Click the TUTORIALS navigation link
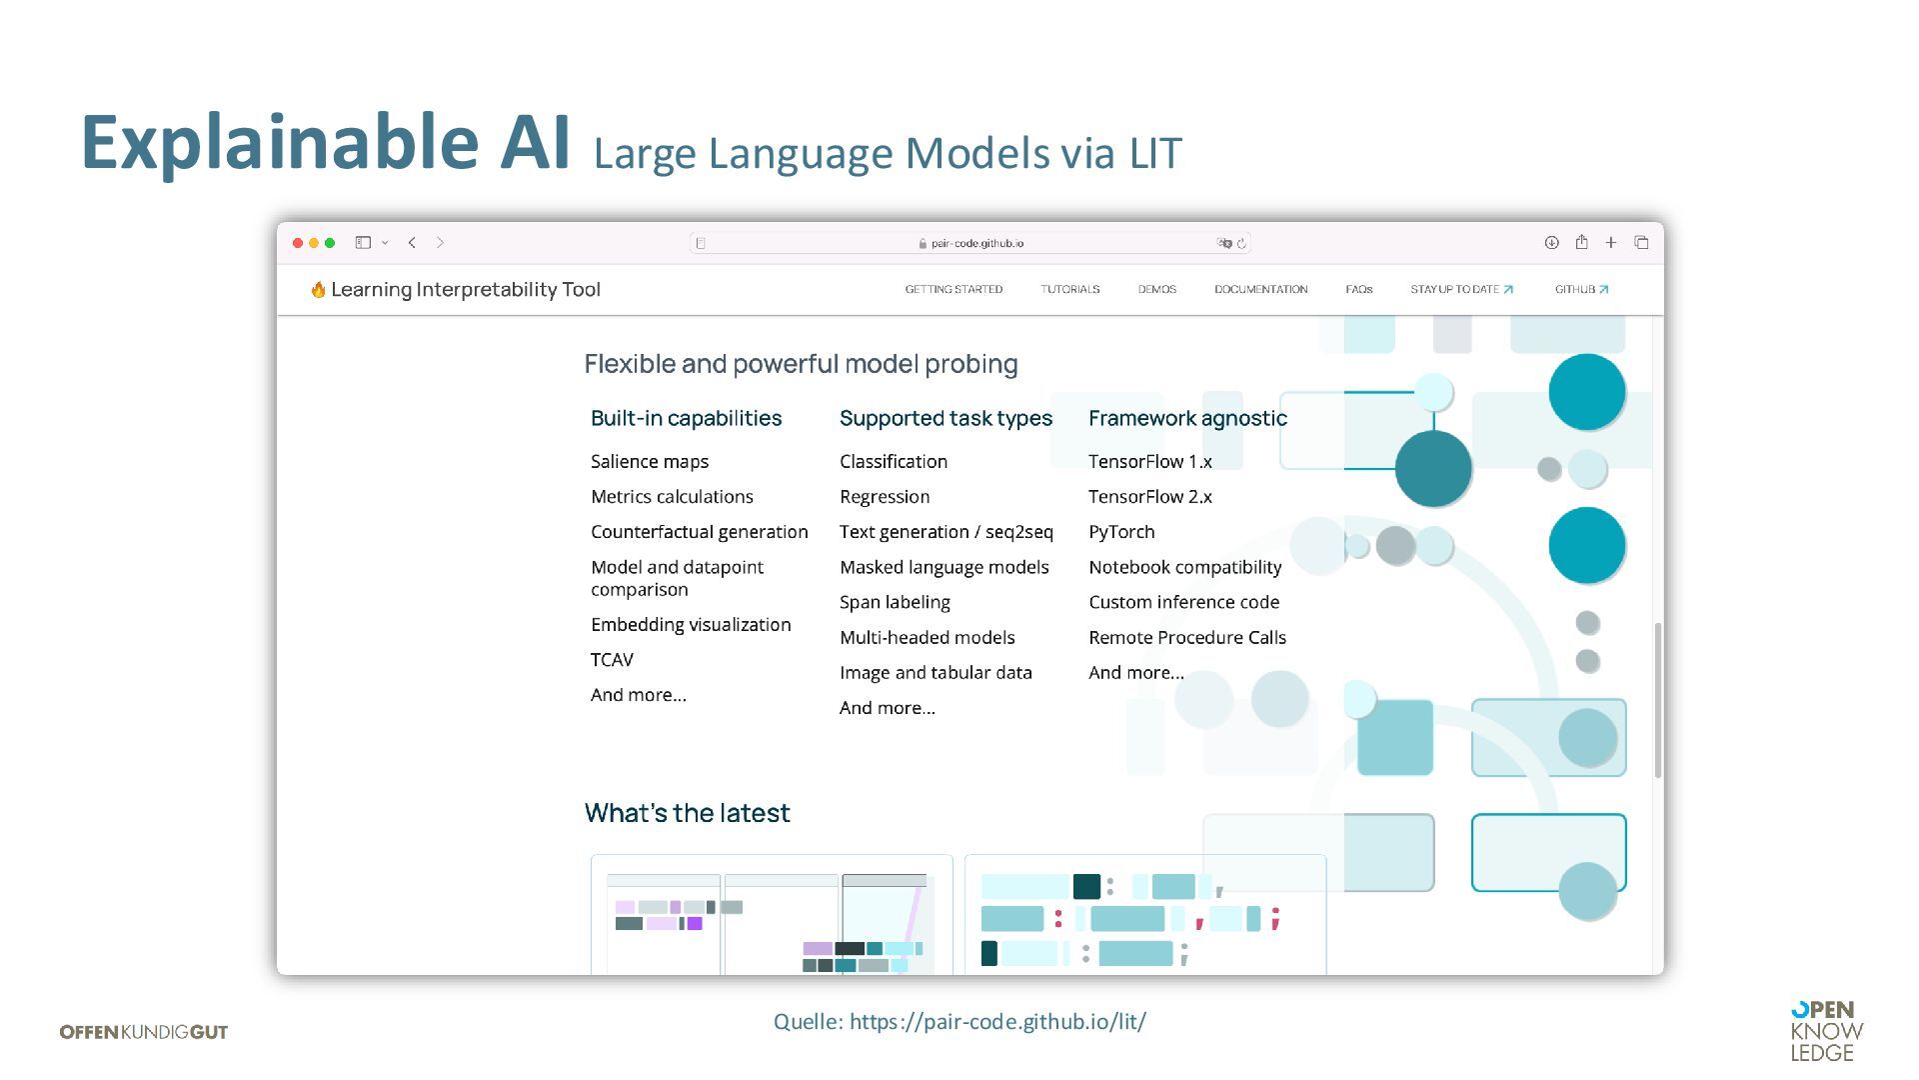coord(1069,289)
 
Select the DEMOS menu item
coord(1156,289)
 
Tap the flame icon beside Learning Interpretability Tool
coord(318,290)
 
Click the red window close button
coord(298,243)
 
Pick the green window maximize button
coord(330,243)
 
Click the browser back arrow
coord(412,243)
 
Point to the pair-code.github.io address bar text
coord(975,243)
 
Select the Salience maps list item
coord(650,461)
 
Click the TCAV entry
coord(612,660)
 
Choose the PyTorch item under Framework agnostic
coord(1121,532)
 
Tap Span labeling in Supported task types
coord(895,602)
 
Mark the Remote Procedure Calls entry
coord(1186,637)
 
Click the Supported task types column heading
coord(946,418)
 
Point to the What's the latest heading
coord(687,813)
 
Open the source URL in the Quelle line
coord(997,1021)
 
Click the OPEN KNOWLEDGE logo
coord(1826,1031)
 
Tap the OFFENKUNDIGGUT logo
coord(144,1032)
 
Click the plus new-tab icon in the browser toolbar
coord(1611,243)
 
